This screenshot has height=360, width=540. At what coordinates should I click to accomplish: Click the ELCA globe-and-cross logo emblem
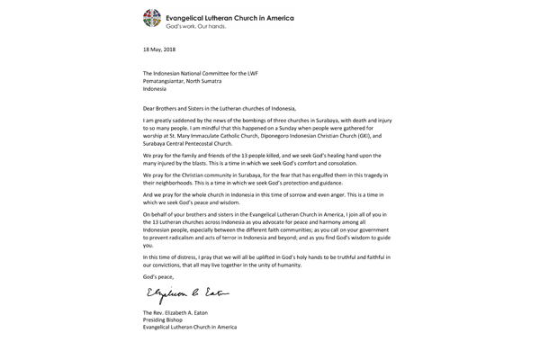tap(152, 18)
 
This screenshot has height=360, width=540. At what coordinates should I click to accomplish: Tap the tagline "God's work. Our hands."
tap(196, 26)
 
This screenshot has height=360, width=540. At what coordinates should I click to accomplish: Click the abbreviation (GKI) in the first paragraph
tap(356, 135)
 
